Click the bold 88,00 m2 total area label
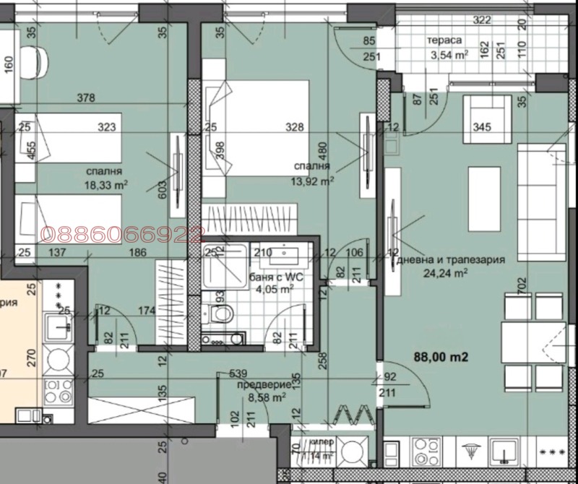(x=441, y=357)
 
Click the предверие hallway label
(x=261, y=384)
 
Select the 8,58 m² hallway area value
(x=267, y=396)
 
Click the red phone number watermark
(x=123, y=233)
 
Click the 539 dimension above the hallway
(x=238, y=374)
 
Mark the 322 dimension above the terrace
(x=483, y=20)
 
